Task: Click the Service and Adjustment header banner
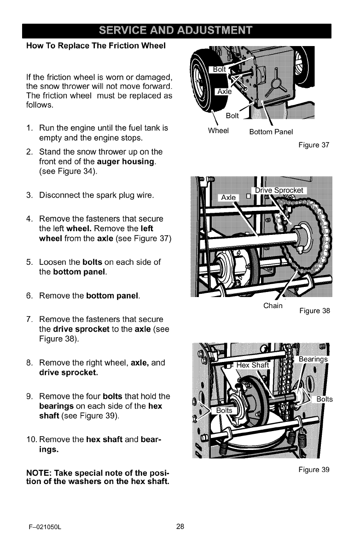[180, 32]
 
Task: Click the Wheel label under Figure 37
[218, 131]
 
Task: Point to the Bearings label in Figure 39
[314, 359]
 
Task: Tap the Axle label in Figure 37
[225, 92]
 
